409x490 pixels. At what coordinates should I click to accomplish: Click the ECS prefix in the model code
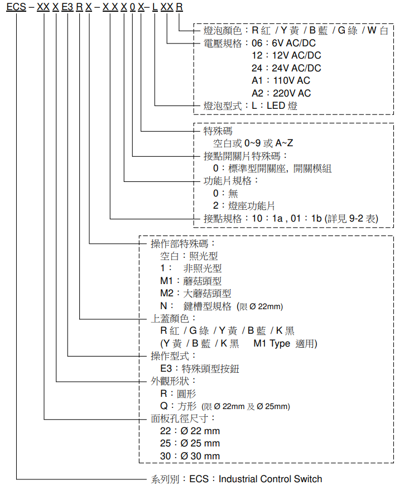pyautogui.click(x=16, y=7)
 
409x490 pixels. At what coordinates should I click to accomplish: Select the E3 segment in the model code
pyautogui.click(x=68, y=7)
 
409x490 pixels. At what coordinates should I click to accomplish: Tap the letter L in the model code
pyautogui.click(x=155, y=7)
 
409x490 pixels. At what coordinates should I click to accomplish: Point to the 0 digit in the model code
pyautogui.click(x=132, y=7)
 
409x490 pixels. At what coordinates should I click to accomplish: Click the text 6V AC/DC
pyautogui.click(x=293, y=43)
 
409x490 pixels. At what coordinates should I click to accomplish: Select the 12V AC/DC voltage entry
pyautogui.click(x=296, y=55)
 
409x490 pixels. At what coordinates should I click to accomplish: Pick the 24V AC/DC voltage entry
pyautogui.click(x=296, y=68)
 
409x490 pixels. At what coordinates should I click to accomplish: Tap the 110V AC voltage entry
pyautogui.click(x=291, y=80)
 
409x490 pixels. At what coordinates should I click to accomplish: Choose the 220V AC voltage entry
pyautogui.click(x=292, y=93)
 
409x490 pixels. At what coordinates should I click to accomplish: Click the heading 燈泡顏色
pyautogui.click(x=223, y=30)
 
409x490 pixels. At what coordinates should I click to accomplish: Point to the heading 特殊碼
pyautogui.click(x=218, y=131)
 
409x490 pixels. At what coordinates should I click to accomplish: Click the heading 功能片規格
pyautogui.click(x=228, y=181)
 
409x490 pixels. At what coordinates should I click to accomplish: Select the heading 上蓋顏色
pyautogui.click(x=170, y=319)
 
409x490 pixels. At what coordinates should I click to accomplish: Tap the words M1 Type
pyautogui.click(x=272, y=343)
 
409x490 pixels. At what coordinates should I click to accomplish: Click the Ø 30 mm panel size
pyautogui.click(x=200, y=456)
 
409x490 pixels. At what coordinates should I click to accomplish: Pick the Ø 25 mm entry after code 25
pyautogui.click(x=200, y=443)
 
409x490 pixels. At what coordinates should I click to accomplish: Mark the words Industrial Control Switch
pyautogui.click(x=270, y=479)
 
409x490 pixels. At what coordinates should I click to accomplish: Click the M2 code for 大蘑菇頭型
pyautogui.click(x=166, y=293)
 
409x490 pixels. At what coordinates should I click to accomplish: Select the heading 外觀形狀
pyautogui.click(x=170, y=381)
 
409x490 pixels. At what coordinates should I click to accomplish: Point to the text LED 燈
pyautogui.click(x=282, y=105)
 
